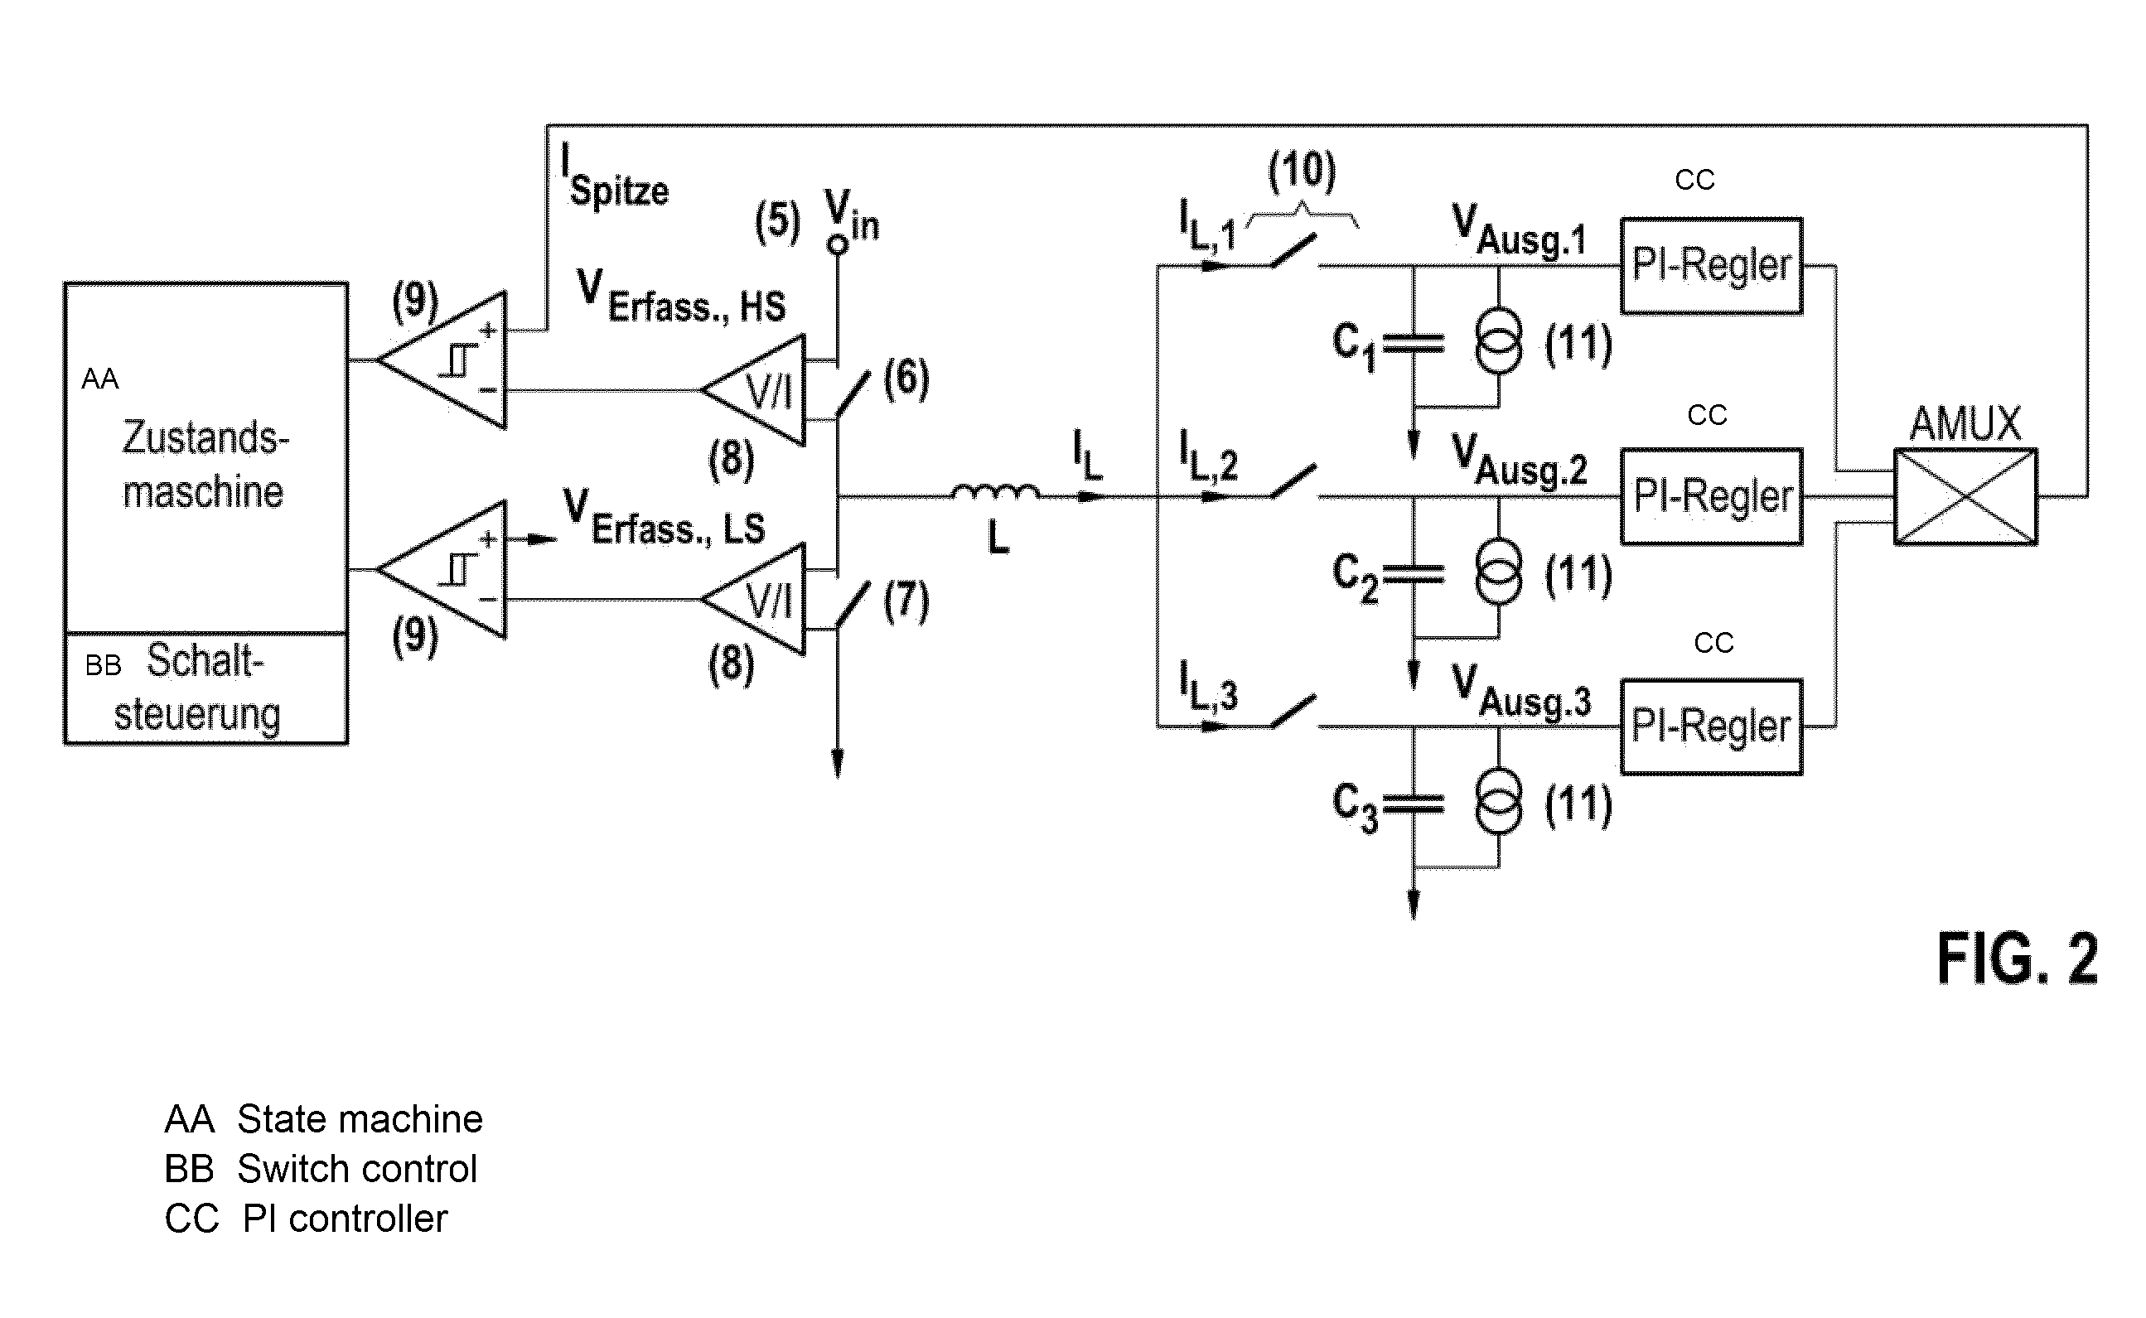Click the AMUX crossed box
point(1965,497)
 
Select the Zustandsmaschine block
point(205,457)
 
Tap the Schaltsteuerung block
point(205,688)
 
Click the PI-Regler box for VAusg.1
point(1711,266)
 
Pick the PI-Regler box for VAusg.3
point(1711,727)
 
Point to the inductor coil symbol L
point(995,493)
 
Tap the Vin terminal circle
point(838,245)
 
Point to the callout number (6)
point(906,379)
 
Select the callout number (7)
point(906,601)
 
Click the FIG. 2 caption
point(2017,958)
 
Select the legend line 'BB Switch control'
point(321,1169)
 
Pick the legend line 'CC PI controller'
point(306,1219)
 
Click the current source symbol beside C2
point(1499,572)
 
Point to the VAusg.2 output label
point(1519,461)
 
